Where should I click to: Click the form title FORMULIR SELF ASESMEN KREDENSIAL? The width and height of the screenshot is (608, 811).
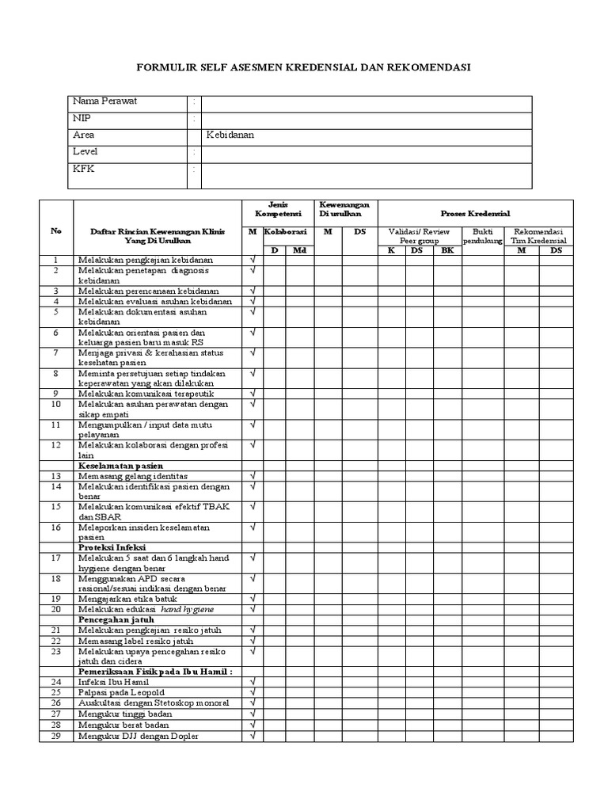pyautogui.click(x=304, y=67)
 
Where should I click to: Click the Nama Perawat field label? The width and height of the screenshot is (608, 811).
pyautogui.click(x=104, y=102)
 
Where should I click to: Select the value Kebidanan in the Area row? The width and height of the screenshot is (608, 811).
pyautogui.click(x=230, y=135)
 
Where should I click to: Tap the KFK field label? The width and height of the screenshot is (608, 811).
pyautogui.click(x=83, y=169)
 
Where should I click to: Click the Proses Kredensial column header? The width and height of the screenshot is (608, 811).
pyautogui.click(x=475, y=214)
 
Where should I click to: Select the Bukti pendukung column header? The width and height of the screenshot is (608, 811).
pyautogui.click(x=483, y=236)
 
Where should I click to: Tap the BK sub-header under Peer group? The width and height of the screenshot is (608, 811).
pyautogui.click(x=447, y=250)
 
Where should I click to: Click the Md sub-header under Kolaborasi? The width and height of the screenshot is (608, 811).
pyautogui.click(x=298, y=250)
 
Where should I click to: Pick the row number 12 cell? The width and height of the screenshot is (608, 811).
pyautogui.click(x=56, y=445)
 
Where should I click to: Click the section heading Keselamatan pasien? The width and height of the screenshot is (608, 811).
pyautogui.click(x=120, y=466)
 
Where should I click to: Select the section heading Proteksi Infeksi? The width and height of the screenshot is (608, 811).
pyautogui.click(x=112, y=547)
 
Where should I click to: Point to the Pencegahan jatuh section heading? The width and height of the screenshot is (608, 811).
pyautogui.click(x=116, y=619)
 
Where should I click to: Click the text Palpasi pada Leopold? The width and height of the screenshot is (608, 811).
pyautogui.click(x=122, y=692)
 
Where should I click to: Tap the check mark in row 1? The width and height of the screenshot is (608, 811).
pyautogui.click(x=253, y=260)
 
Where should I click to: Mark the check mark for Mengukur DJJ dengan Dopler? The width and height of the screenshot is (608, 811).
pyautogui.click(x=253, y=736)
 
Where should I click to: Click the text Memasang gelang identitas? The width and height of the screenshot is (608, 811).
pyautogui.click(x=132, y=476)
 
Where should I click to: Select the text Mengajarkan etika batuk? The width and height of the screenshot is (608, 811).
pyautogui.click(x=128, y=599)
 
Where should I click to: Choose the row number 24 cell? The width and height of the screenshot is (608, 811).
pyautogui.click(x=56, y=681)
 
